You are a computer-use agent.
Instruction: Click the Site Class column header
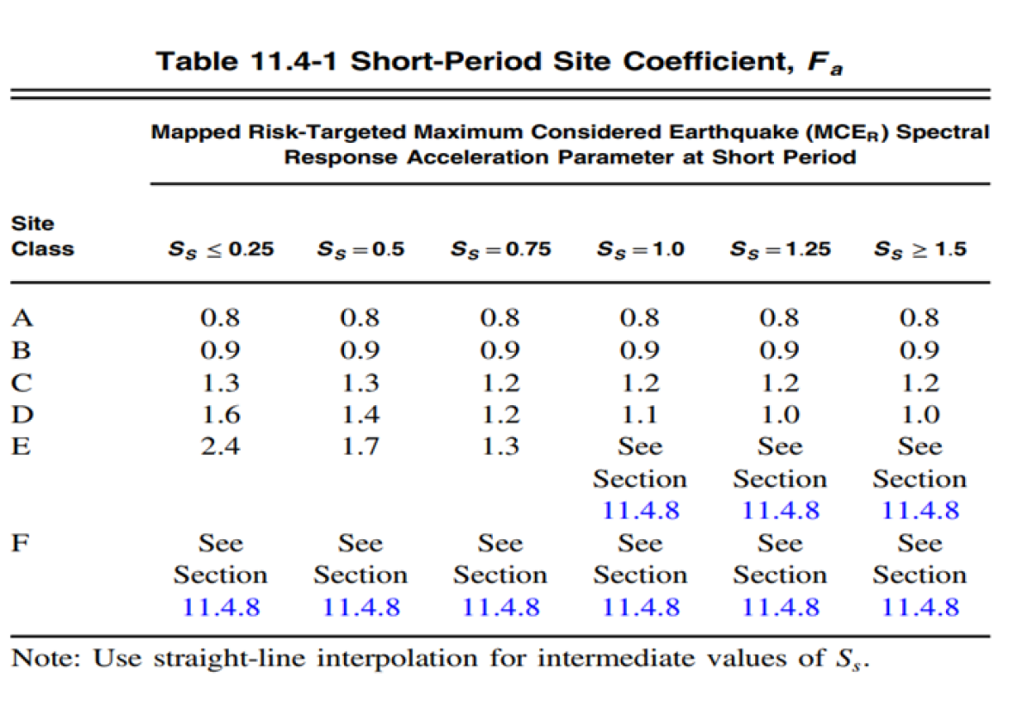(x=42, y=237)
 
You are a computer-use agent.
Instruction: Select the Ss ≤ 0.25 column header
(x=220, y=249)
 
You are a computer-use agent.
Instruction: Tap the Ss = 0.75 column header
(x=500, y=249)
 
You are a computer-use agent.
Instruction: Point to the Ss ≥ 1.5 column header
(x=919, y=249)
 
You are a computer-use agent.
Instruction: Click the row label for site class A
(x=22, y=318)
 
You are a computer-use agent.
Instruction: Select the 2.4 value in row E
(x=220, y=447)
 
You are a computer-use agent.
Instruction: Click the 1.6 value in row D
(x=220, y=415)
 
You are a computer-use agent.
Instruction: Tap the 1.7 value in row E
(x=360, y=447)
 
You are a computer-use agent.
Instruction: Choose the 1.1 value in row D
(x=640, y=415)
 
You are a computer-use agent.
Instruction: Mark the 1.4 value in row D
(x=360, y=415)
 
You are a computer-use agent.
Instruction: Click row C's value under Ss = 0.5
(x=360, y=384)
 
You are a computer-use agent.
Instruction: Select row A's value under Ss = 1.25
(x=780, y=318)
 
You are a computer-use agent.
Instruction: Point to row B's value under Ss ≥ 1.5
(x=919, y=351)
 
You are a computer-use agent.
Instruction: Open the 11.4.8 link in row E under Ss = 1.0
(x=640, y=510)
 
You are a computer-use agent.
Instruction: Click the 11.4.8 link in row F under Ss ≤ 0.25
(x=220, y=607)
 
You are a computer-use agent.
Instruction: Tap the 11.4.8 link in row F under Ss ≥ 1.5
(x=919, y=607)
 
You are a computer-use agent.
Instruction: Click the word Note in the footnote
(x=45, y=660)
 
